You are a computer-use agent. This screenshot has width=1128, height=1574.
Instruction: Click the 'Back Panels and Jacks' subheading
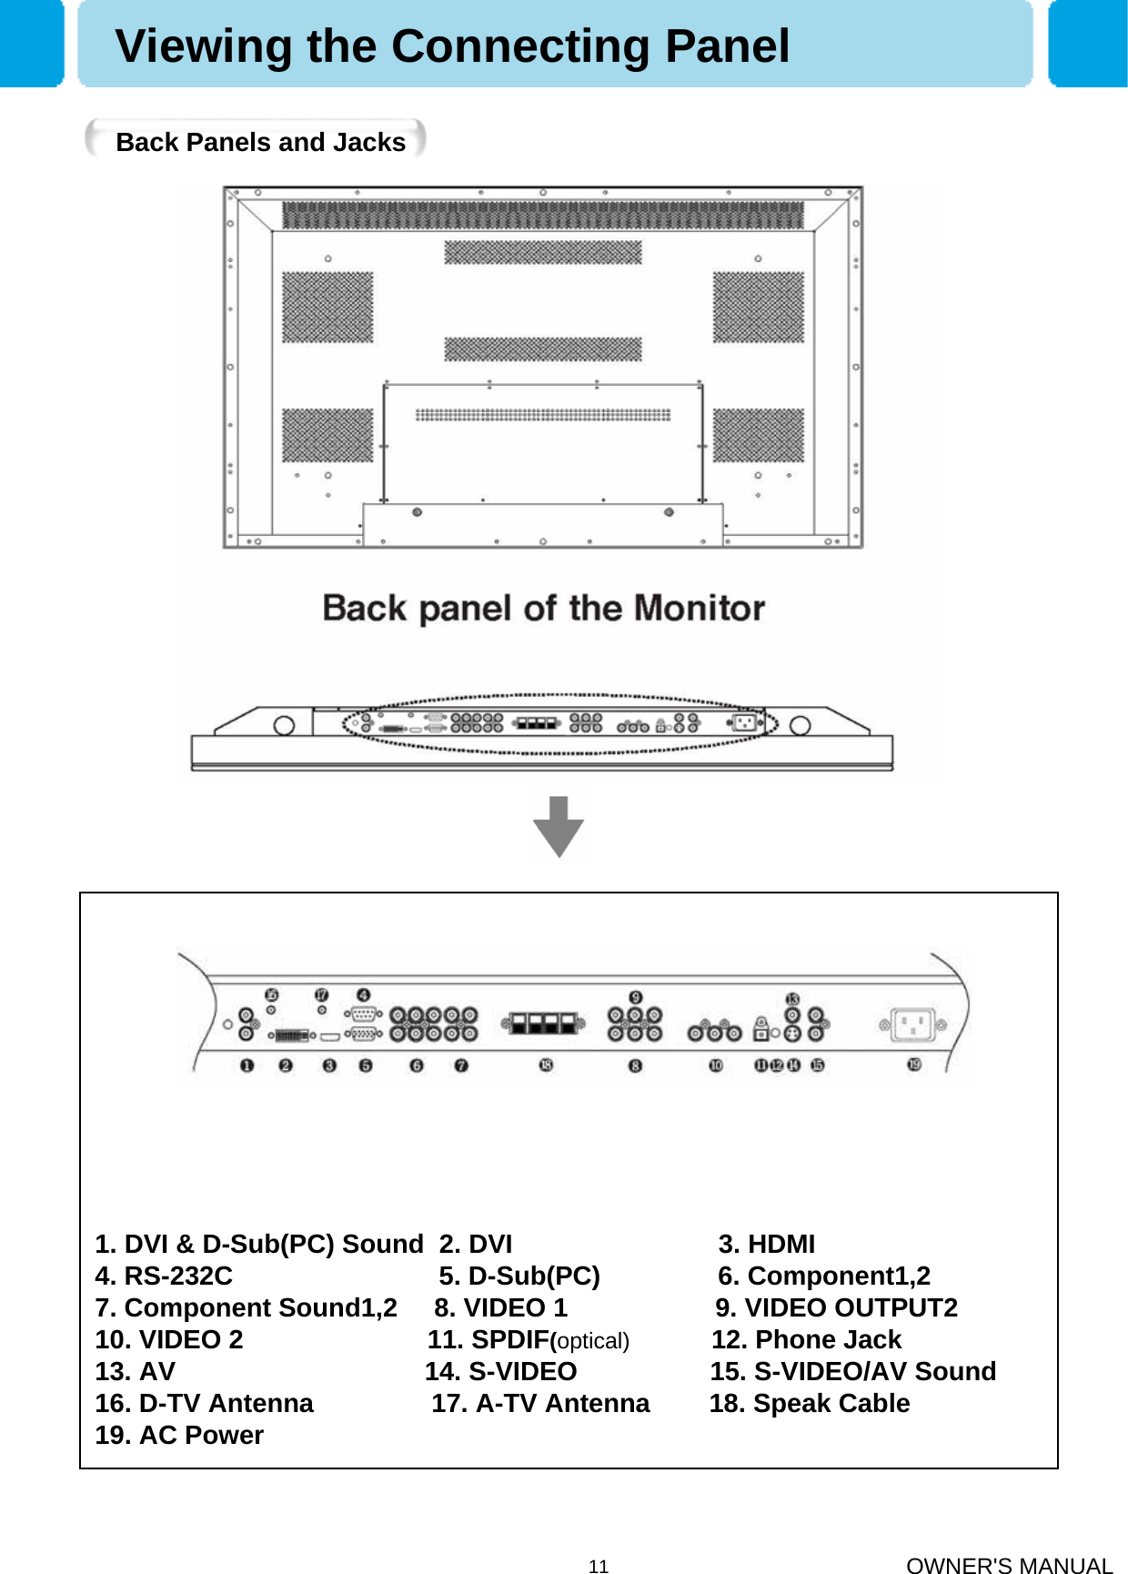[x=260, y=142]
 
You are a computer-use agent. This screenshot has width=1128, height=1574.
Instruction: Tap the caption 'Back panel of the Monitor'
[x=543, y=608]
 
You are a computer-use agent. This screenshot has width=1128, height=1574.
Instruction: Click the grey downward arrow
[x=558, y=826]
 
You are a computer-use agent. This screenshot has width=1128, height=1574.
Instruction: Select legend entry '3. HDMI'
[x=766, y=1244]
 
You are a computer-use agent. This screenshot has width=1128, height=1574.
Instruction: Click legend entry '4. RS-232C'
[x=164, y=1276]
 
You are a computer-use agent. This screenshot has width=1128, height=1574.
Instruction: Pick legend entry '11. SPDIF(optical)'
[x=528, y=1339]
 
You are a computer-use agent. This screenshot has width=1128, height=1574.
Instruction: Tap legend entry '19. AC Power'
[x=179, y=1435]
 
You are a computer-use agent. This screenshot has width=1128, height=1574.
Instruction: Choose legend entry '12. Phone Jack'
[x=806, y=1339]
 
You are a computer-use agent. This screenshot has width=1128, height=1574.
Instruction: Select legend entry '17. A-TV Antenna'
[x=540, y=1403]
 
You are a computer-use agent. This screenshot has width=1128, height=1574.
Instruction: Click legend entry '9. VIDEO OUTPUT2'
[x=836, y=1307]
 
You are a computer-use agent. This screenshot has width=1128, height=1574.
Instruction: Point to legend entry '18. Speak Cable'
[x=809, y=1403]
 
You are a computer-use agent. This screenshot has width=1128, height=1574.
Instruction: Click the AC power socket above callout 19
[x=912, y=1025]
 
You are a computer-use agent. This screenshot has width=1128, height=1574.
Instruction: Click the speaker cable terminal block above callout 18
[x=543, y=1024]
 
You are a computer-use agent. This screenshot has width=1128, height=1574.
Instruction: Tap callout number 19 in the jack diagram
[x=914, y=1064]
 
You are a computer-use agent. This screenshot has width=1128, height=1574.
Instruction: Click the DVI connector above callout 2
[x=288, y=1035]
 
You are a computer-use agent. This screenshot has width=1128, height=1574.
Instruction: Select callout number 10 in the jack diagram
[x=716, y=1065]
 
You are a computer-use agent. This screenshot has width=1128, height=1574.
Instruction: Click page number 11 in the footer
[x=598, y=1566]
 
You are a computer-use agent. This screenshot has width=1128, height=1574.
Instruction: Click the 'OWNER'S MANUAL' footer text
[x=1009, y=1566]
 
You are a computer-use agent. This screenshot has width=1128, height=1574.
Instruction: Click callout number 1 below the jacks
[x=247, y=1065]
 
